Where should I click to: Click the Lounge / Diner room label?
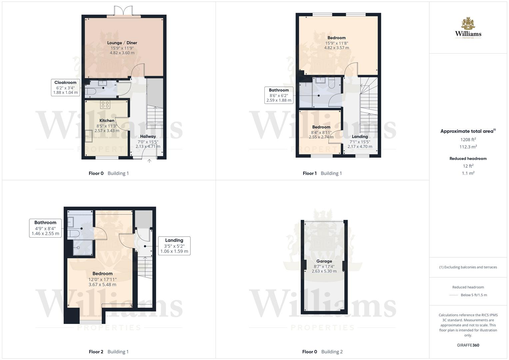(x=122, y=43)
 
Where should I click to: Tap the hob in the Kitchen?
(x=105, y=105)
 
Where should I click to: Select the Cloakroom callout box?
(x=65, y=87)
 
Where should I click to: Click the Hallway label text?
(x=148, y=136)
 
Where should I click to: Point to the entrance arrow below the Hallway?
(x=149, y=161)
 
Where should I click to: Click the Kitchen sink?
(x=89, y=136)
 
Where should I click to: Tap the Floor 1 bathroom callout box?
(x=279, y=95)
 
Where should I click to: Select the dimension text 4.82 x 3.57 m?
(x=336, y=48)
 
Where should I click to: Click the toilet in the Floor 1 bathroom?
(x=331, y=83)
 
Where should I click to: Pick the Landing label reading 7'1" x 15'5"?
(x=360, y=142)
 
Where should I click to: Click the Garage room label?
(x=324, y=261)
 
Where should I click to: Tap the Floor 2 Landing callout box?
(x=174, y=246)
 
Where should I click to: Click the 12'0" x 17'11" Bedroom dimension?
(x=102, y=280)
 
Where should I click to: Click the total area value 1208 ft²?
(x=468, y=140)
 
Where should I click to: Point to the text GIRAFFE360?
(x=468, y=345)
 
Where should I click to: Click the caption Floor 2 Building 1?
(x=109, y=352)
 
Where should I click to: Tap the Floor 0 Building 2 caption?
(x=322, y=352)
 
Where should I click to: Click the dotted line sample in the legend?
(x=454, y=295)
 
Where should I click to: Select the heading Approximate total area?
(x=468, y=131)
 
